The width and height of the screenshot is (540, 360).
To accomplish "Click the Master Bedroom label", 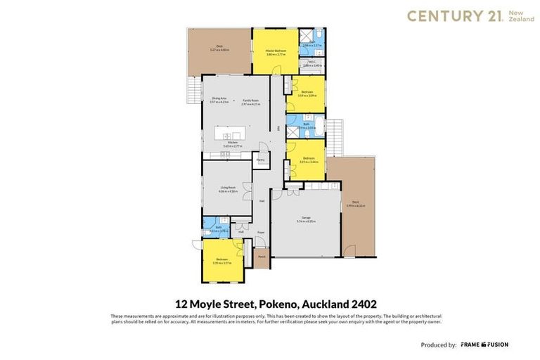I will tap(274, 51).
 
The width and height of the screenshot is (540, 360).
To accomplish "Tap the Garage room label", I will tap(306, 219).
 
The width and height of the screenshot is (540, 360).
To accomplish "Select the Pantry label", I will tap(260, 160).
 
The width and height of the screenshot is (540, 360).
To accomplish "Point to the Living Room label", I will tap(228, 187).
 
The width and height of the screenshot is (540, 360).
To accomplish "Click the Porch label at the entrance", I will tap(261, 257).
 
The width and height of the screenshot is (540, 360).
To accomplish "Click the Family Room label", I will tap(251, 101).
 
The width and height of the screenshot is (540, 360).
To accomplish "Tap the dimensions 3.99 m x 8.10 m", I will tap(356, 206).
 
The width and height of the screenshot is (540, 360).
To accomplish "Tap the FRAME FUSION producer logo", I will tap(484, 345).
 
